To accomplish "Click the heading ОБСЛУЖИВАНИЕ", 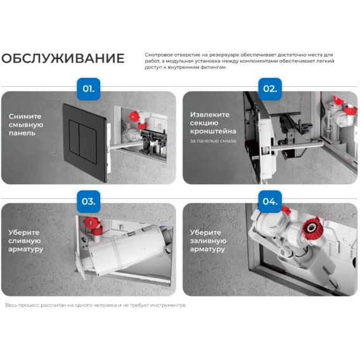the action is (x=63, y=58).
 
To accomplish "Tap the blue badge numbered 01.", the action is (x=88, y=89).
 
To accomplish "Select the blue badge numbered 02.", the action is (x=270, y=89).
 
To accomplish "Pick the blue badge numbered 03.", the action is (x=88, y=202).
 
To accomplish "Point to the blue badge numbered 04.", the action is (x=270, y=202).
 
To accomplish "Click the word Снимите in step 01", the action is (x=25, y=117).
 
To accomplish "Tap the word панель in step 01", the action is (x=22, y=133).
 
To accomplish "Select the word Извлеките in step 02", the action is (x=210, y=115).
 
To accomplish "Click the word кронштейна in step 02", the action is (x=213, y=131).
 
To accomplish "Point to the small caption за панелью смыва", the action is (x=213, y=141).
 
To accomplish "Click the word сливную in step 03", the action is (x=25, y=241).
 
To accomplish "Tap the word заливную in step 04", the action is (x=209, y=241).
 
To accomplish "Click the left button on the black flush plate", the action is (x=74, y=138).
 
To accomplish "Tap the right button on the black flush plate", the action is (x=87, y=143).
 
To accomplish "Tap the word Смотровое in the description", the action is (x=158, y=55).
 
